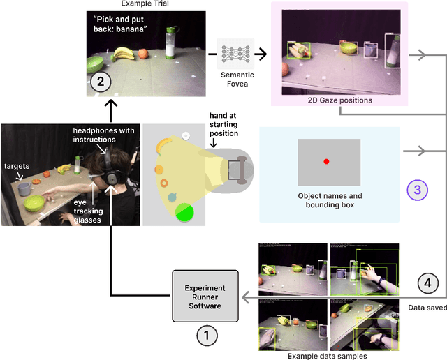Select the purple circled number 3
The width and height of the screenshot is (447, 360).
[x=417, y=189]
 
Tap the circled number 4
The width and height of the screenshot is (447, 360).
[x=429, y=283]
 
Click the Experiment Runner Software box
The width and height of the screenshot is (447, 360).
[x=205, y=297]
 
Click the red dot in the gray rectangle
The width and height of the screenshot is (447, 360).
[x=325, y=162]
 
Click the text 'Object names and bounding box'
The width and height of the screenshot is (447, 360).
[x=329, y=200]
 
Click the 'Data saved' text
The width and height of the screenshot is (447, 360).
[x=426, y=306]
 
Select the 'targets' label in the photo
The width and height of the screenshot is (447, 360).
[x=17, y=167]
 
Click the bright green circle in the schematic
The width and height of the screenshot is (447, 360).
[x=184, y=211]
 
